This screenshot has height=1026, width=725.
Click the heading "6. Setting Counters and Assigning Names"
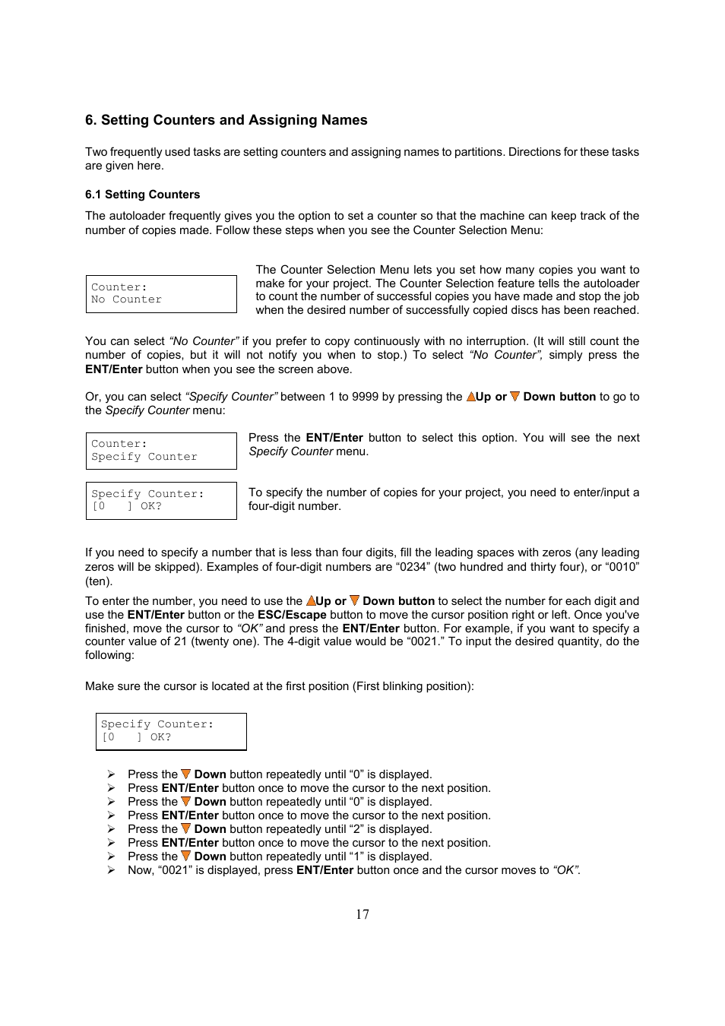pyautogui.click(x=226, y=120)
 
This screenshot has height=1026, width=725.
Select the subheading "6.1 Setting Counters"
pyautogui.click(x=142, y=195)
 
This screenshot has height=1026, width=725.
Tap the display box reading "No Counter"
pyautogui.click(x=161, y=294)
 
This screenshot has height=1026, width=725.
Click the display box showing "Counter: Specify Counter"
pyautogui.click(x=161, y=451)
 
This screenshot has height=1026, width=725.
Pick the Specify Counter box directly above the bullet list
pyautogui.click(x=171, y=731)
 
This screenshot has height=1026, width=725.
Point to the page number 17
pyautogui.click(x=362, y=914)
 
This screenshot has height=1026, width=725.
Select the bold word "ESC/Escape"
pyautogui.click(x=292, y=615)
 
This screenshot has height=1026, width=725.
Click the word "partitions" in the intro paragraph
pyautogui.click(x=479, y=152)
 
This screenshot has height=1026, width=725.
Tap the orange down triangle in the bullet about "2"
pyautogui.click(x=185, y=828)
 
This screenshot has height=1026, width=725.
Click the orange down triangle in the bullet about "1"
pyautogui.click(x=185, y=856)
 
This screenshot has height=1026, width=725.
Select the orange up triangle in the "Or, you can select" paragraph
pyautogui.click(x=470, y=397)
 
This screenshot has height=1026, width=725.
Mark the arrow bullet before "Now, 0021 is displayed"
pyautogui.click(x=111, y=870)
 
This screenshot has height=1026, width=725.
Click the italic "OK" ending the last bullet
pyautogui.click(x=565, y=870)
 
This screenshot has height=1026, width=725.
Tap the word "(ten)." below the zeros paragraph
pyautogui.click(x=99, y=581)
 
